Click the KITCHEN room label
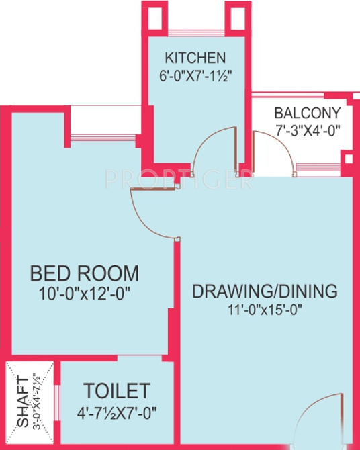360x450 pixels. point(196,57)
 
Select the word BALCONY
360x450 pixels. point(308,113)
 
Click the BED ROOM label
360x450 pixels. point(85,274)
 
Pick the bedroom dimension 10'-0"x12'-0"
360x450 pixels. point(85,293)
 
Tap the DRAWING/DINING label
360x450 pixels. point(265,291)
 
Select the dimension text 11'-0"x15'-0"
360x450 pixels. point(265,310)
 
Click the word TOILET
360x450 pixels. point(117,390)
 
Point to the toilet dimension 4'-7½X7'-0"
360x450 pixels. point(117,410)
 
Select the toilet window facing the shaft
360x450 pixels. point(58,403)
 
